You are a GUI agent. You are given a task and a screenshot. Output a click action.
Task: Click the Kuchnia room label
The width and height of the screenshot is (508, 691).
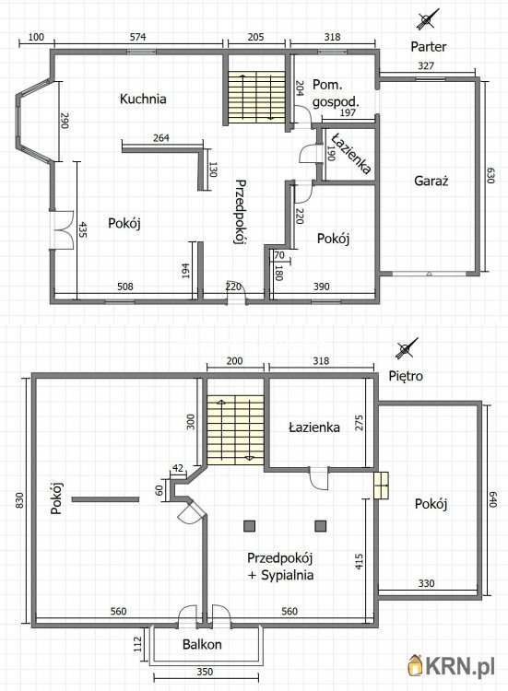(x=143, y=99)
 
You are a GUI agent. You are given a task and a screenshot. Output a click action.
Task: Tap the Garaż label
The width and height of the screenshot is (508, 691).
(x=431, y=181)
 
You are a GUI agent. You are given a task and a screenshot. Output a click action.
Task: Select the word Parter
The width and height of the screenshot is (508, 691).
(x=428, y=46)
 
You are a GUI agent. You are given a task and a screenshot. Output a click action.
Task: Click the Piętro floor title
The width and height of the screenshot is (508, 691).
(x=406, y=376)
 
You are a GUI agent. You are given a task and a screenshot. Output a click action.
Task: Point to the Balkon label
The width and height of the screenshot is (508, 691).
(x=202, y=644)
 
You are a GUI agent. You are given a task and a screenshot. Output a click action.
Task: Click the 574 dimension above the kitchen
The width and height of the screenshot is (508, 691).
(x=138, y=37)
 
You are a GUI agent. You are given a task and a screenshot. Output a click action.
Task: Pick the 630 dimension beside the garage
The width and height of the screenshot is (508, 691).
(x=490, y=175)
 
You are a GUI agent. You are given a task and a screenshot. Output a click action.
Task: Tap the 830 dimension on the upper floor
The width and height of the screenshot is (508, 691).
(x=19, y=500)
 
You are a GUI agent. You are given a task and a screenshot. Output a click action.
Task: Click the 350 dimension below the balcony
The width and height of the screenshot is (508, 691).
(x=205, y=672)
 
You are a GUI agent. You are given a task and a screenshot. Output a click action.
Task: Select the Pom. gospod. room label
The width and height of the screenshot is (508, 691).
(x=336, y=93)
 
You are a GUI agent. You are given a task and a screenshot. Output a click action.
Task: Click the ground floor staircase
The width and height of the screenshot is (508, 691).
(x=256, y=97)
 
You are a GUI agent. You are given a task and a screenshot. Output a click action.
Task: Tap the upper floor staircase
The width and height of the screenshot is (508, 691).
(x=235, y=430)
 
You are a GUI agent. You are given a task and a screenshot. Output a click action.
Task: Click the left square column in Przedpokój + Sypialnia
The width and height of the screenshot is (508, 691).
(x=250, y=526)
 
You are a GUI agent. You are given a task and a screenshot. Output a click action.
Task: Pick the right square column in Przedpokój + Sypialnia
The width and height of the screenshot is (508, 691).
(x=321, y=526)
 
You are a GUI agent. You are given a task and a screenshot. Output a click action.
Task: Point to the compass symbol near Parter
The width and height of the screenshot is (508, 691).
(x=427, y=19)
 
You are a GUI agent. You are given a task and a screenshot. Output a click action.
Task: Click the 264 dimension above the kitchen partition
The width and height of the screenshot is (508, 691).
(x=161, y=138)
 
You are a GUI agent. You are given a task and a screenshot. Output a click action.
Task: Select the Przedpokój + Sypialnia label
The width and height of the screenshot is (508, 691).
(x=280, y=567)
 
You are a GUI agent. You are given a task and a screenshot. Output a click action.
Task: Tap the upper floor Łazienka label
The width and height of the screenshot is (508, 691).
(x=314, y=427)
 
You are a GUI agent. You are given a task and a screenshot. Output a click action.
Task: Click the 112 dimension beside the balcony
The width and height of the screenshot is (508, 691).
(x=137, y=644)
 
